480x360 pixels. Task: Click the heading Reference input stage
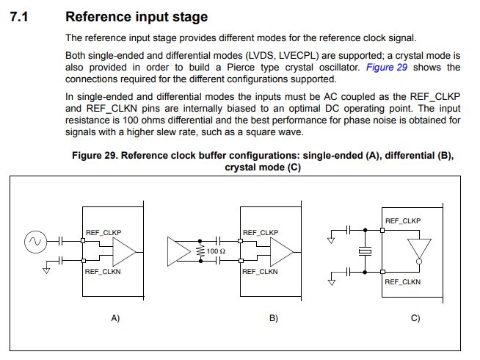click(x=136, y=16)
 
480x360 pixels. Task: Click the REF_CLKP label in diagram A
click(x=103, y=232)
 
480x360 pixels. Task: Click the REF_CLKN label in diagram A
click(x=103, y=272)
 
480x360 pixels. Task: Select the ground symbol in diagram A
click(x=46, y=270)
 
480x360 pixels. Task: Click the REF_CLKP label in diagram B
click(x=260, y=232)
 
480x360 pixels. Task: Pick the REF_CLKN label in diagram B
click(x=260, y=271)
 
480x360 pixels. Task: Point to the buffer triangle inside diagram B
click(x=280, y=252)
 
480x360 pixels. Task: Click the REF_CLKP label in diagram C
click(x=403, y=220)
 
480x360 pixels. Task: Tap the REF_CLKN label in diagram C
click(x=403, y=281)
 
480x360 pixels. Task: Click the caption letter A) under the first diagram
click(x=114, y=318)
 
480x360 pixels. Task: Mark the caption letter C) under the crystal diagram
click(x=415, y=318)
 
